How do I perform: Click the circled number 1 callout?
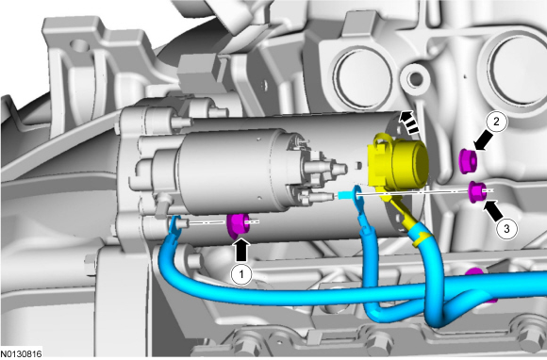pyautogui.click(x=241, y=274)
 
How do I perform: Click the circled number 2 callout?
pyautogui.click(x=496, y=122)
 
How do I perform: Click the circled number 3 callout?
pyautogui.click(x=506, y=229)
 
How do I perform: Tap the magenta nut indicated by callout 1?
pyautogui.click(x=238, y=224)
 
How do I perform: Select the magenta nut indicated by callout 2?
pyautogui.click(x=468, y=160)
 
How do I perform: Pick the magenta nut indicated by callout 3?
pyautogui.click(x=476, y=191)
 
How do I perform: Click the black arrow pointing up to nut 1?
pyautogui.click(x=242, y=250)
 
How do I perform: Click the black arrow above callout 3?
pyautogui.click(x=493, y=210)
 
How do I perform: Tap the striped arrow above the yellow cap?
pyautogui.click(x=409, y=123)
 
